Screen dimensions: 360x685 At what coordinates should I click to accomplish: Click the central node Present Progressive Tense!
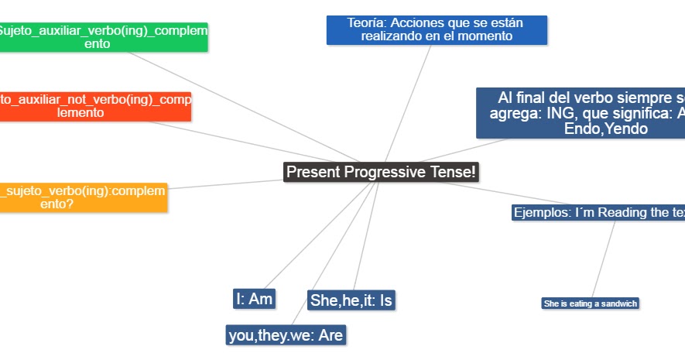click(x=381, y=172)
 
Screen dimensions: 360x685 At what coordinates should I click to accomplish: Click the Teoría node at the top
click(x=437, y=29)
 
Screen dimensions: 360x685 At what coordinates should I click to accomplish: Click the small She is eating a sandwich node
click(x=591, y=303)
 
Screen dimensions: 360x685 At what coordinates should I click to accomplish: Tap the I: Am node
click(x=255, y=298)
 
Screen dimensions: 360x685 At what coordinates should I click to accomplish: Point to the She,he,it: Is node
click(x=351, y=300)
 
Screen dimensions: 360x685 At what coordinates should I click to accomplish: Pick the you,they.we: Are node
click(x=286, y=334)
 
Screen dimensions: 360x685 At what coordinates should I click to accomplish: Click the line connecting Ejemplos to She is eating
click(x=604, y=260)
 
